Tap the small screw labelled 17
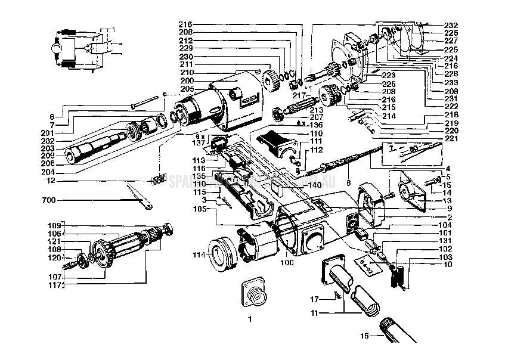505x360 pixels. (339, 294)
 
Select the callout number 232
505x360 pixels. (451, 25)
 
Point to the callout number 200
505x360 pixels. (188, 80)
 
